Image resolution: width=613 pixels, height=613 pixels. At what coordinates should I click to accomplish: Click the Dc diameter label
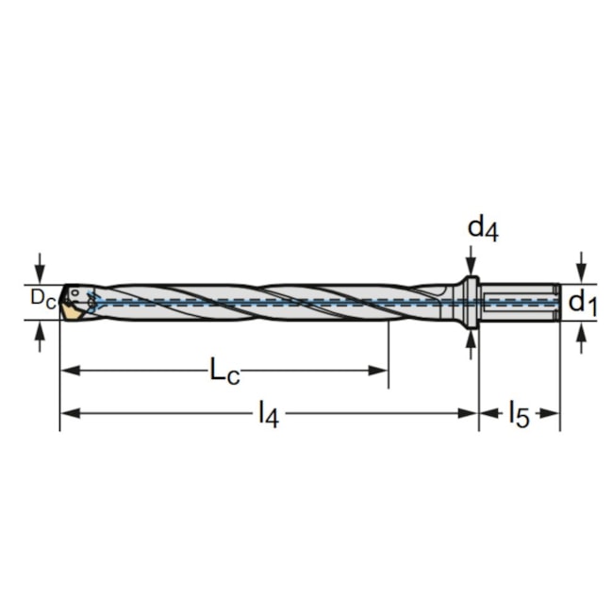click(42, 299)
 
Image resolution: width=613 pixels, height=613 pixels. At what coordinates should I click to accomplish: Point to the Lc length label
click(224, 372)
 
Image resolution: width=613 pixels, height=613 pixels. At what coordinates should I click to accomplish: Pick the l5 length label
click(520, 414)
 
